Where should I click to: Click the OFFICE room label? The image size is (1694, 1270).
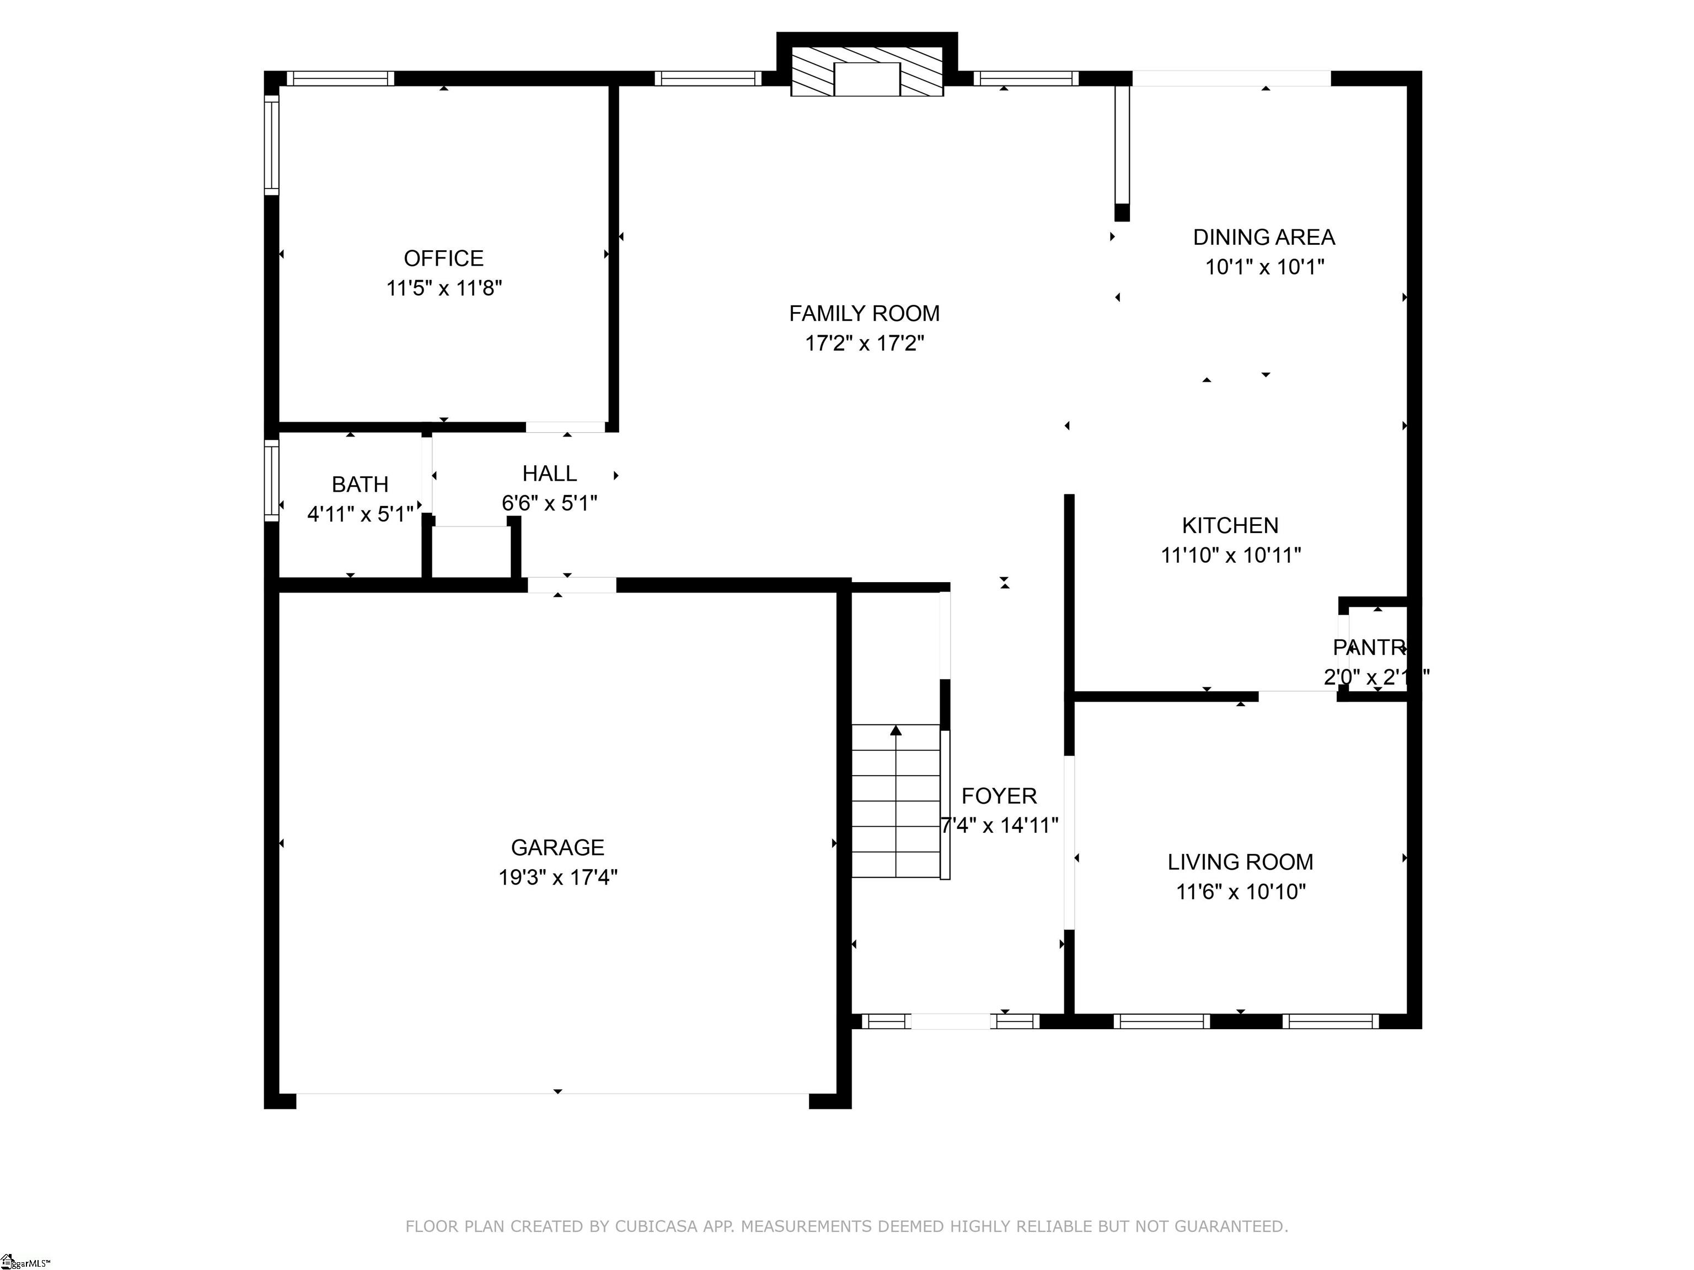click(x=443, y=258)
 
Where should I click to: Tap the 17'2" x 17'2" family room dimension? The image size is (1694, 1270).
click(x=864, y=343)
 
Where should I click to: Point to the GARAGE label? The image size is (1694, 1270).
click(x=557, y=847)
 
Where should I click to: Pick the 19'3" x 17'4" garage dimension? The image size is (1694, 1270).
click(x=557, y=878)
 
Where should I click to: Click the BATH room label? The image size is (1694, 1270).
click(x=360, y=485)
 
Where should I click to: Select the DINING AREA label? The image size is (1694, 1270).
click(x=1264, y=238)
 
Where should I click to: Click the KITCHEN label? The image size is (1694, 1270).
click(x=1230, y=526)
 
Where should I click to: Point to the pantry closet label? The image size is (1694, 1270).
click(x=1370, y=648)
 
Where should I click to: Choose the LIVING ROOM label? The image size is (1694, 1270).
click(x=1240, y=863)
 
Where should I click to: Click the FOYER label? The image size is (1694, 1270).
click(x=999, y=796)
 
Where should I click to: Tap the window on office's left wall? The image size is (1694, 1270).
click(x=271, y=144)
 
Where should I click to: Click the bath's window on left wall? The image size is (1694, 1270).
click(x=271, y=480)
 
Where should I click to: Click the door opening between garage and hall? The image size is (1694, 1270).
click(x=571, y=585)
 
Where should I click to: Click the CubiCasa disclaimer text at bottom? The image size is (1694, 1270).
click(x=846, y=1226)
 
